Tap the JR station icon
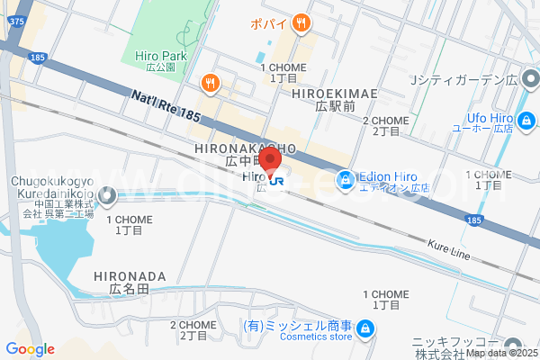click(276, 181)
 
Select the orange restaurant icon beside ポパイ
click(301, 23)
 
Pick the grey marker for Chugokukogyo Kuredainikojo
click(108, 193)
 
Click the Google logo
click(31, 349)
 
